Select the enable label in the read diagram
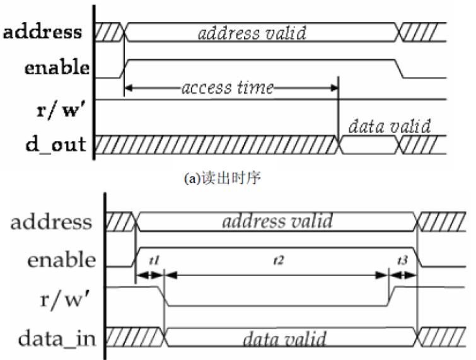click(56, 69)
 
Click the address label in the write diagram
click(52, 223)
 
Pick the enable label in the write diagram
click(60, 259)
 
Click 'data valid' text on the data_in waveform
click(285, 340)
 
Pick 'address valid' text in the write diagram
click(277, 222)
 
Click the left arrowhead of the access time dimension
click(129, 88)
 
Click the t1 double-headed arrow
click(149, 275)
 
